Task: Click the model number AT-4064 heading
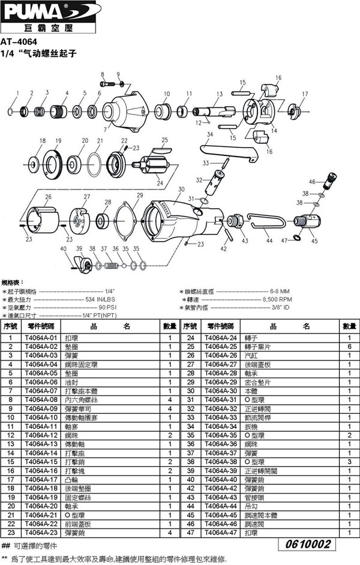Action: tap(19, 42)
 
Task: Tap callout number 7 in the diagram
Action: tap(105, 128)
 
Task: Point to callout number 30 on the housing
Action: tap(181, 190)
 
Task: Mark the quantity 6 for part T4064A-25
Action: tap(349, 347)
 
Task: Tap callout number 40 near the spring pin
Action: tap(64, 248)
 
